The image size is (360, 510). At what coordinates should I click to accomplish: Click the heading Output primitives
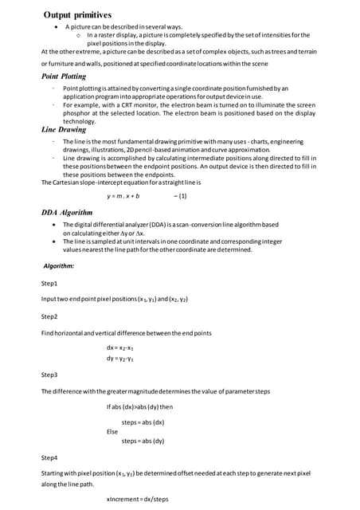[77, 14]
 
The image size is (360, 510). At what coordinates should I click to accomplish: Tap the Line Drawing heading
[64, 128]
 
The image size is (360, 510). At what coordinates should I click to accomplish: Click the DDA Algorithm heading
[67, 213]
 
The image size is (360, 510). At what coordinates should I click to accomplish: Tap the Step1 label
[49, 284]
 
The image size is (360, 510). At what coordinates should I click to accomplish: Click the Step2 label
[49, 316]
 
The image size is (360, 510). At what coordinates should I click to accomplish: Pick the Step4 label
[49, 458]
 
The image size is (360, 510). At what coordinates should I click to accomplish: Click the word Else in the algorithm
[112, 430]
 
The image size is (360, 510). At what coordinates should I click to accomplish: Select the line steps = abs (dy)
[143, 441]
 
